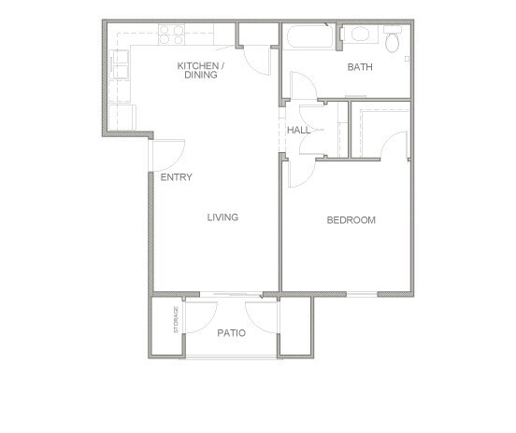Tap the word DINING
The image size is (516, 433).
point(200,76)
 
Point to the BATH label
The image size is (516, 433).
point(360,67)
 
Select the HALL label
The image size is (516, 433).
point(298,130)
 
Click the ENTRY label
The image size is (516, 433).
point(176,176)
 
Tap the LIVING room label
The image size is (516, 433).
point(222,217)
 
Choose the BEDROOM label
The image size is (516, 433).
point(351,220)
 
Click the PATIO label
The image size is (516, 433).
point(231,332)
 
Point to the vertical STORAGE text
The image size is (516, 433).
point(176,321)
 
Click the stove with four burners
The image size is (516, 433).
point(171,34)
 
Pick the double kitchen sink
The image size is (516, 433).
point(122,66)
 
